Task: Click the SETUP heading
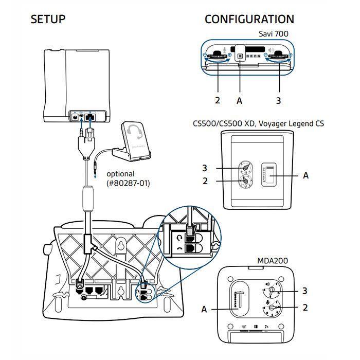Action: point(48,20)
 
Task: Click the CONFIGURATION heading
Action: point(249,20)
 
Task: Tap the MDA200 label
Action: point(273,261)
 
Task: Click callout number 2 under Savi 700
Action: point(217,101)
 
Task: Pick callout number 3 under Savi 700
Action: point(278,101)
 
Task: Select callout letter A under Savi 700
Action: point(239,101)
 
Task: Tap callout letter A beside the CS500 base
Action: point(306,175)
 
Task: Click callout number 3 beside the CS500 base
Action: point(204,168)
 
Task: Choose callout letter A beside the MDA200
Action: point(204,309)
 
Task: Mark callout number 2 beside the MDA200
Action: point(305,308)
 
